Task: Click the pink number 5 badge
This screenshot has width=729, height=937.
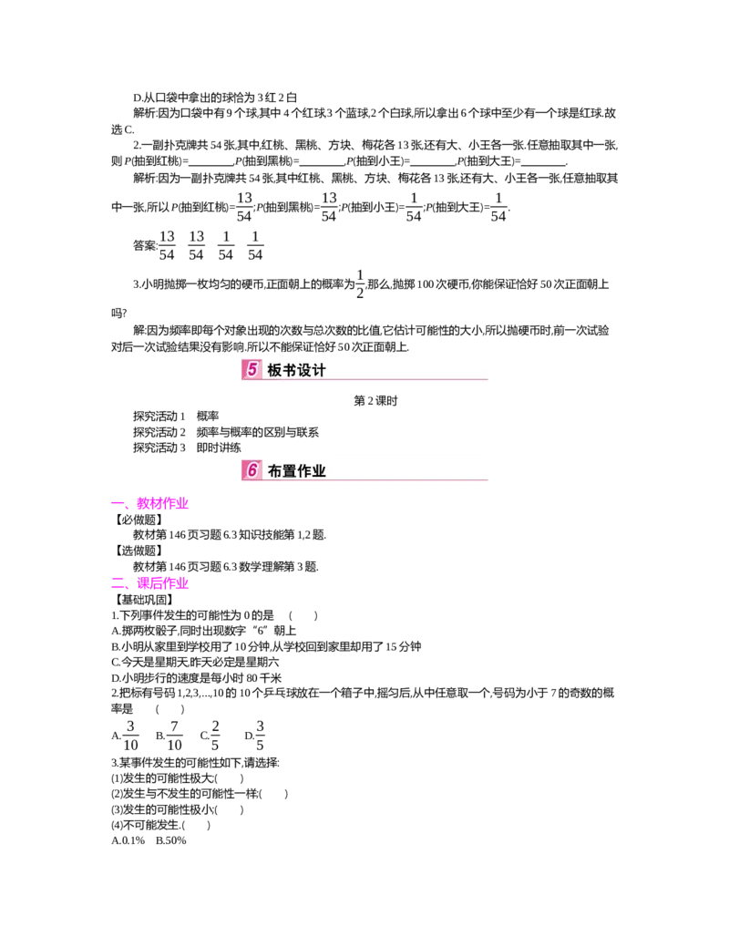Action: point(252,369)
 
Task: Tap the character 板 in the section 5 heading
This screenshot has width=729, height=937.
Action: point(275,370)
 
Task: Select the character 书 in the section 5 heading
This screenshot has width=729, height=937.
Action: point(292,370)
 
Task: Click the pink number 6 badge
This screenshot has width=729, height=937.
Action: point(252,470)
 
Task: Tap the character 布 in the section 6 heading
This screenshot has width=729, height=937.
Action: point(275,471)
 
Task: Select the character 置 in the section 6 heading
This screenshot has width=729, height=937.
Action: point(292,471)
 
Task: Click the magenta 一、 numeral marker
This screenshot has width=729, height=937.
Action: point(120,504)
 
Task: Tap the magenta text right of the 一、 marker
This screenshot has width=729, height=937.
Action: point(162,504)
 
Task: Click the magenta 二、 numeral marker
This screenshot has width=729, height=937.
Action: point(120,584)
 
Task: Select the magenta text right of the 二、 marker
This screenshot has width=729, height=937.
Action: point(162,584)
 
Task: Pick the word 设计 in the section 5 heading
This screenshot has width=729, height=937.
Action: point(313,370)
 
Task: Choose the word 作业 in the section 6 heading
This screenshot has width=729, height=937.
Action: point(313,471)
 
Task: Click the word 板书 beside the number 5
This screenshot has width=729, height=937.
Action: point(283,370)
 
